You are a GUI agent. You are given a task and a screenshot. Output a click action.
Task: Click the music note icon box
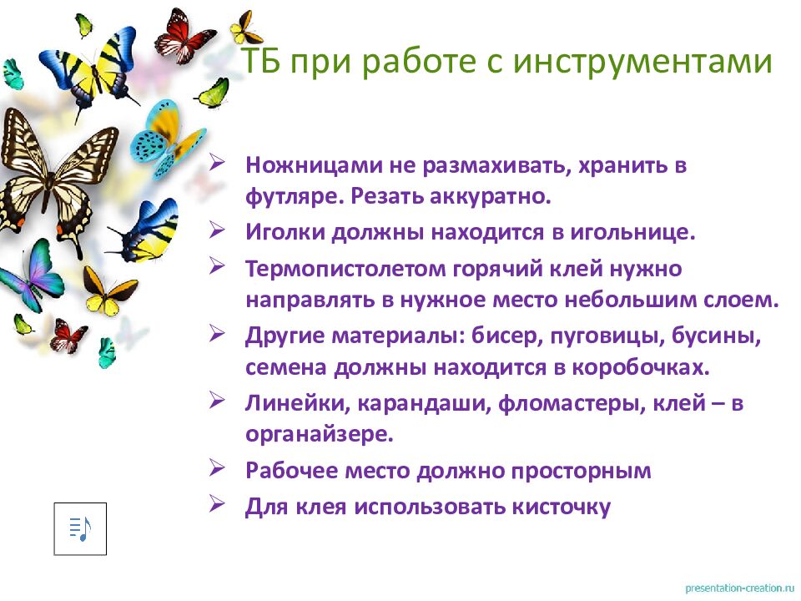[x=80, y=528]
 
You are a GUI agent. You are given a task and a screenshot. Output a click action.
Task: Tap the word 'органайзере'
[x=316, y=434]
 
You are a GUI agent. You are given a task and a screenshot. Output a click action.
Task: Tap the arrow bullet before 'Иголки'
[x=217, y=230]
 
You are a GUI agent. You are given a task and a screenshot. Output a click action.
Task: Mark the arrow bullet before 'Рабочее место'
[x=217, y=469]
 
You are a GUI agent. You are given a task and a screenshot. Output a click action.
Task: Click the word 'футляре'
[x=293, y=198]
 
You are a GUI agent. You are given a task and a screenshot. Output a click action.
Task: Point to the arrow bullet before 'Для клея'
[x=217, y=505]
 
